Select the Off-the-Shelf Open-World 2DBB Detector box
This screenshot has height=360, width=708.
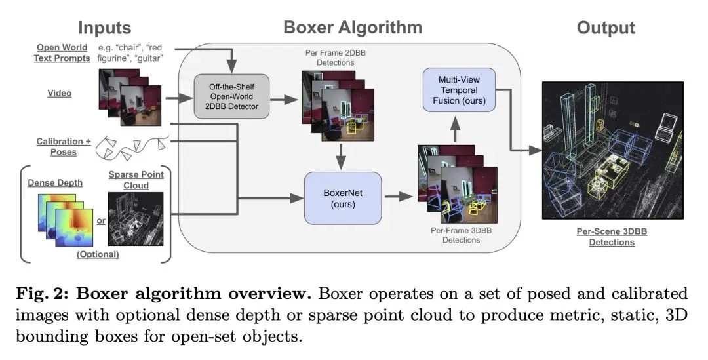point(231,97)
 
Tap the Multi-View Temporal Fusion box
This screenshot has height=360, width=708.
point(459,89)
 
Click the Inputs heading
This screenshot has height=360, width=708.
point(105,28)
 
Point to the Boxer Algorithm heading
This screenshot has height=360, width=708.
point(353,28)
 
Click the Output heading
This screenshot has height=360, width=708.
point(605,28)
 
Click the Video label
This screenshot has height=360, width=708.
point(59,93)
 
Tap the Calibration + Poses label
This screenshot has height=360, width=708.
point(64,147)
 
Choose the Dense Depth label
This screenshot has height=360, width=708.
point(55,182)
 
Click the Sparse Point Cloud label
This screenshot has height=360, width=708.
point(136,179)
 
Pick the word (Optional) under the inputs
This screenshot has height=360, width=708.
point(98,254)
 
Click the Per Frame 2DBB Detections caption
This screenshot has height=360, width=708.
point(330,57)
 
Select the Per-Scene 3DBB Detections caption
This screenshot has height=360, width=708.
point(611,236)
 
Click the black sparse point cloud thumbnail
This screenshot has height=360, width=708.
point(136,220)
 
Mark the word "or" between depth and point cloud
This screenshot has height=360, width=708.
point(101,220)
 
